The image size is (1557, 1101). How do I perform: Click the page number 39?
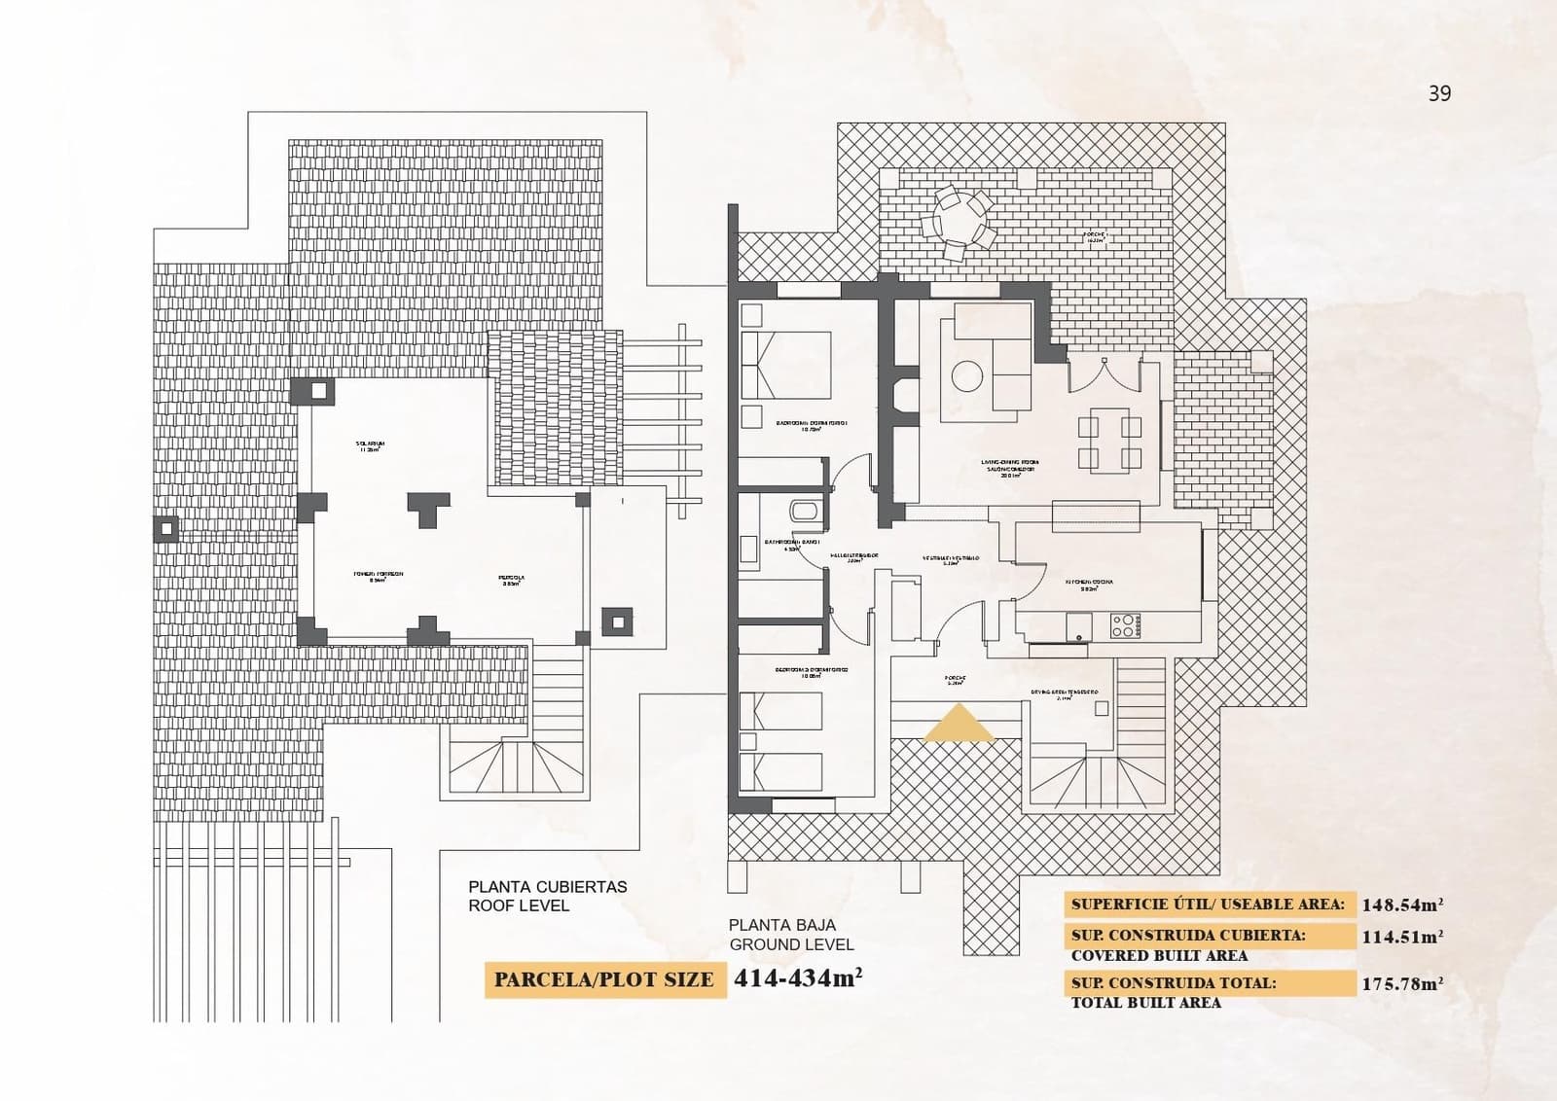click(x=1439, y=93)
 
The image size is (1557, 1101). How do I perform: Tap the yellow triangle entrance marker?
click(x=958, y=726)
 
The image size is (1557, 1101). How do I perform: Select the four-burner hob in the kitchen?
click(x=1124, y=625)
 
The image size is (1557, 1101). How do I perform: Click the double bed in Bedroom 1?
click(x=786, y=365)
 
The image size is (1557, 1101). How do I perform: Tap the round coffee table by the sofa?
click(x=966, y=376)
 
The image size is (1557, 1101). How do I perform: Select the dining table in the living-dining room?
click(x=1109, y=441)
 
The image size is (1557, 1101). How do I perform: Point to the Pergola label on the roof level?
click(x=513, y=580)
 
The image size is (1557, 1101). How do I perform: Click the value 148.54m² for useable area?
click(x=1401, y=905)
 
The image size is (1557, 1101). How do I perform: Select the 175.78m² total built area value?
click(x=1401, y=983)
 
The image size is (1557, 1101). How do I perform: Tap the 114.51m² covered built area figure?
click(x=1401, y=937)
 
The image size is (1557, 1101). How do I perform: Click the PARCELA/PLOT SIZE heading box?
click(x=604, y=979)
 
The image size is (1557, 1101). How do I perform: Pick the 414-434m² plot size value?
click(x=798, y=977)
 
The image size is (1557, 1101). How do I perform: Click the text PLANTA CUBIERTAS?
click(x=548, y=887)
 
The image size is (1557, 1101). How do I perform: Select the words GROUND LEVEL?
click(x=791, y=944)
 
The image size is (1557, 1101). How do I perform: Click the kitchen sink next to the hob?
click(x=1079, y=627)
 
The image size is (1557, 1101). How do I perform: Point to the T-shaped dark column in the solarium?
click(x=428, y=508)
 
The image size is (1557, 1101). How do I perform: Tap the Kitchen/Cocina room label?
click(x=1088, y=584)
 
